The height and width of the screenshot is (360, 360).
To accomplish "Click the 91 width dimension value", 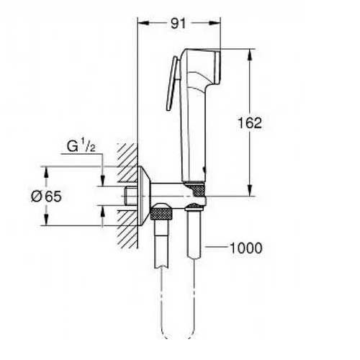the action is (x=179, y=24).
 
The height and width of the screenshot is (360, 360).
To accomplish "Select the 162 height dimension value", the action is (x=250, y=123).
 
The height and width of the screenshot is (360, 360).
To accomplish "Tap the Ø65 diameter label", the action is (x=46, y=197).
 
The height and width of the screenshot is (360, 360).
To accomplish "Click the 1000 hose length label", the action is (x=246, y=248).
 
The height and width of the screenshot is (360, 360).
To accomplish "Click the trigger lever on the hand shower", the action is (x=172, y=84).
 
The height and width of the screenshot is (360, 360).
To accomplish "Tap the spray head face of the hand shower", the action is (x=217, y=67).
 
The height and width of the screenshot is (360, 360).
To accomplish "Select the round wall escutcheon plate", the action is (x=144, y=196).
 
